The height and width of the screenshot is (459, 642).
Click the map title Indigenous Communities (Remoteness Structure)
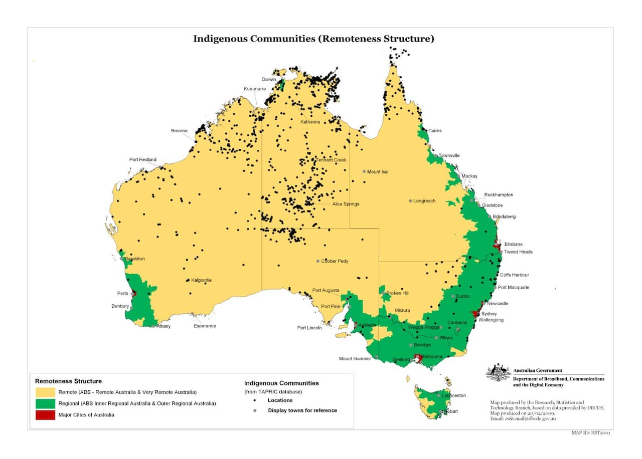pyautogui.click(x=313, y=39)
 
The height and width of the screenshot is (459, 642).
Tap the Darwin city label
pyautogui.click(x=269, y=79)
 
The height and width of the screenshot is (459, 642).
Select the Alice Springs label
pyautogui.click(x=346, y=204)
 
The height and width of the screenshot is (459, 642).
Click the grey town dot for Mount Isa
pyautogui.click(x=364, y=171)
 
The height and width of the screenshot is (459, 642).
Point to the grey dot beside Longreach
pyautogui.click(x=410, y=201)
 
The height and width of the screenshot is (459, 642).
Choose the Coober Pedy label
pyautogui.click(x=335, y=261)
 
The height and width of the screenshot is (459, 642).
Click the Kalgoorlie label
pyautogui.click(x=201, y=280)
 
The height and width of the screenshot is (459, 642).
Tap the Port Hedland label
pyautogui.click(x=143, y=160)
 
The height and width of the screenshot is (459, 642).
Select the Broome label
pyautogui.click(x=179, y=131)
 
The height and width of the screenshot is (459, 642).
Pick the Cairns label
pyautogui.click(x=435, y=131)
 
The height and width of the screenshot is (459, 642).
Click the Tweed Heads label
pyautogui.click(x=518, y=252)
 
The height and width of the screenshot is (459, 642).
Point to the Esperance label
pyautogui.click(x=205, y=326)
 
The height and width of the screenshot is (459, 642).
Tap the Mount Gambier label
pyautogui.click(x=355, y=358)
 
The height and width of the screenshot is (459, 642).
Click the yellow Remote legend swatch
pyautogui.click(x=45, y=392)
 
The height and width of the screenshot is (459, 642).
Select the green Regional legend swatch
pyautogui.click(x=45, y=403)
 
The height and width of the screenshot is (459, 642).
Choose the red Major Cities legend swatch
pyautogui.click(x=45, y=415)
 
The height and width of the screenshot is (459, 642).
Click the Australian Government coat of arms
pyautogui.click(x=498, y=373)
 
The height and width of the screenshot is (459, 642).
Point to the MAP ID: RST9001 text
pyautogui.click(x=590, y=432)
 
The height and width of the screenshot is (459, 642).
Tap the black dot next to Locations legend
pyautogui.click(x=255, y=400)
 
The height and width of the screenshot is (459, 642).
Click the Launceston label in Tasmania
pyautogui.click(x=454, y=395)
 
